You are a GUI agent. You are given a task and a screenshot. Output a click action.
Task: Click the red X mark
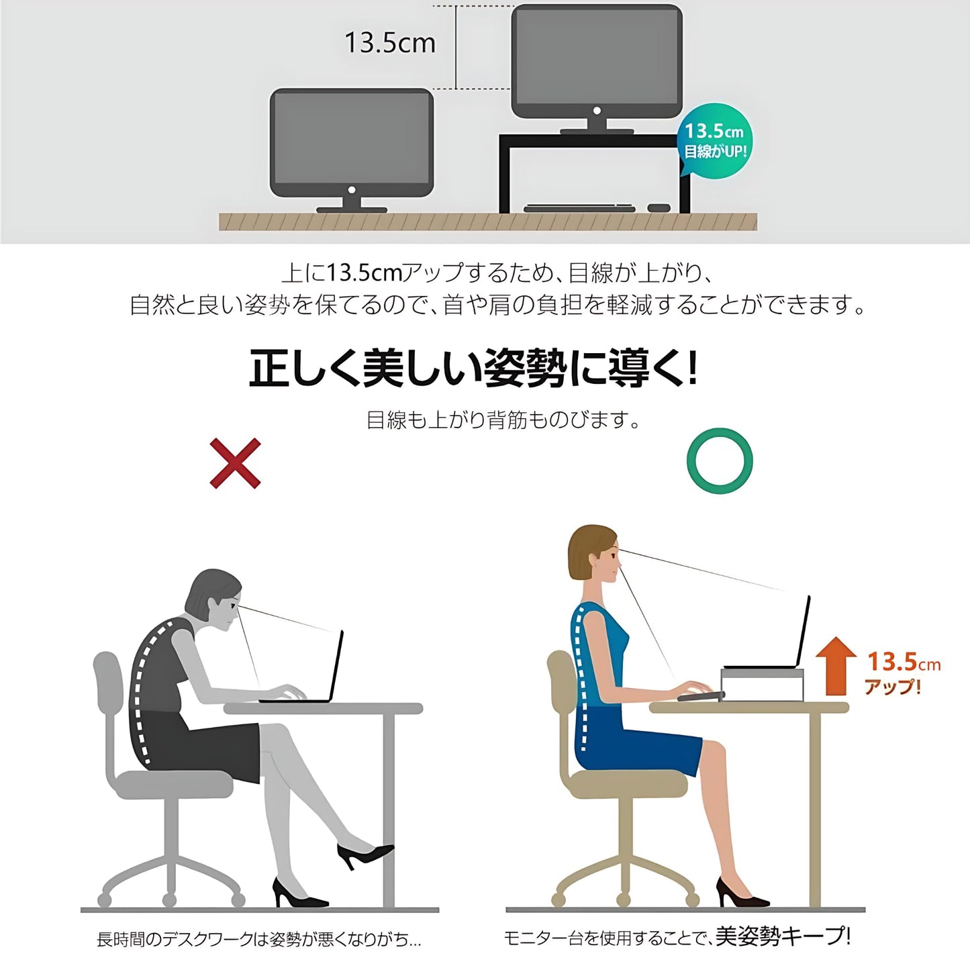[235, 463]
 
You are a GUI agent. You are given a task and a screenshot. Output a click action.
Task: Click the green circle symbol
[720, 461]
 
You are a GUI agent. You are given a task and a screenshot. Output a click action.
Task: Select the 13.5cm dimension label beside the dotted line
[389, 43]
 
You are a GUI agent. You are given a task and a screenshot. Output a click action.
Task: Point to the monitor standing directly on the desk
[351, 142]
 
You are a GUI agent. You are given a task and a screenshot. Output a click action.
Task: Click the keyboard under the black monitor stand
[579, 208]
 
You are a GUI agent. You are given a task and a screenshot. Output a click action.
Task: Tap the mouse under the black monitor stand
[659, 207]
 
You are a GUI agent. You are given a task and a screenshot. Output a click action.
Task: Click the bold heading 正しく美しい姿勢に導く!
[473, 369]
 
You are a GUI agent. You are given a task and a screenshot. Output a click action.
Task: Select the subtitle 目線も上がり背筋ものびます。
[503, 420]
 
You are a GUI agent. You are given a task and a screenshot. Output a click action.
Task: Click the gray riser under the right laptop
[762, 685]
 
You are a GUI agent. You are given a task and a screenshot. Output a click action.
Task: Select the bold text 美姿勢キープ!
[783, 936]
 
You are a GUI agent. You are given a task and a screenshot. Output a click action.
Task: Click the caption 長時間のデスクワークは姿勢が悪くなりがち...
[258, 940]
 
